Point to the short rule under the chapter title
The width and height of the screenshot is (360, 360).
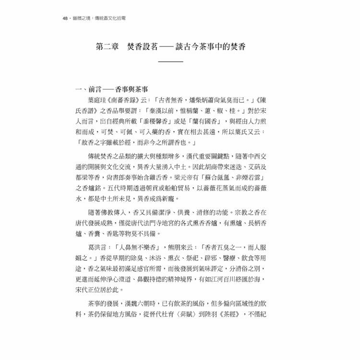[170, 62]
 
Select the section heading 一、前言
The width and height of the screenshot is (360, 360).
[89, 90]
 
